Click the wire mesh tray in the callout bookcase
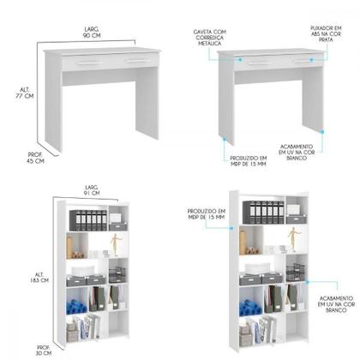tap(295, 273)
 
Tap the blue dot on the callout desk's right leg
tap(321, 131)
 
